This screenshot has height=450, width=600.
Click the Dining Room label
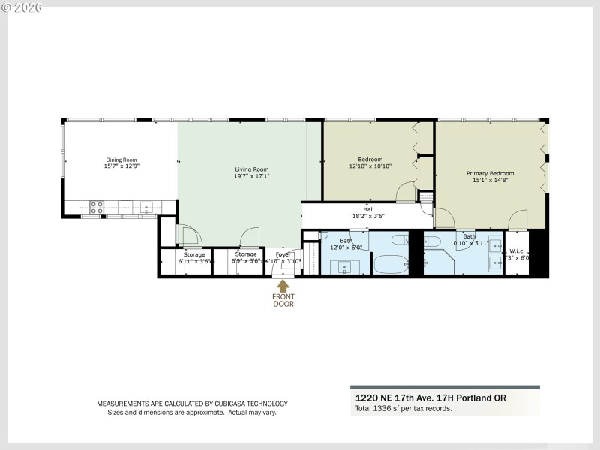(121, 160)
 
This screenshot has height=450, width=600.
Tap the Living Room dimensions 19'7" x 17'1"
(251, 177)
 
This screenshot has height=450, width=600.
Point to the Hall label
(367, 209)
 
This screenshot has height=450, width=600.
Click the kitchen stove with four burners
(97, 208)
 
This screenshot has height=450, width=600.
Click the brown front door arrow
(283, 286)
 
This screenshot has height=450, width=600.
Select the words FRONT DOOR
(283, 300)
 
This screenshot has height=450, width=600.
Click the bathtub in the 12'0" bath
(390, 264)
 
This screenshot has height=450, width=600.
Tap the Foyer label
(283, 254)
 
